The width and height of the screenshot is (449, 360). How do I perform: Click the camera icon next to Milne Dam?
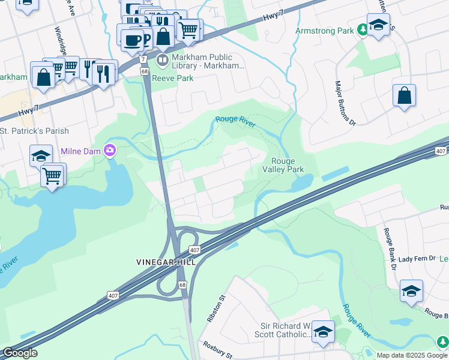tap(109, 150)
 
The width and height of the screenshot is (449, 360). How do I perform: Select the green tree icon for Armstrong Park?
tap(362, 29)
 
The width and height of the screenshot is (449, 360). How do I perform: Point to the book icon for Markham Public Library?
tap(162, 60)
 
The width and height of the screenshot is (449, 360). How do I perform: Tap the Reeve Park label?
tap(172, 78)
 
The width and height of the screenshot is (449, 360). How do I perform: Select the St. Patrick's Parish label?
tap(34, 131)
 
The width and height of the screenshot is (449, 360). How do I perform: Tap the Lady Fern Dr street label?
tap(417, 258)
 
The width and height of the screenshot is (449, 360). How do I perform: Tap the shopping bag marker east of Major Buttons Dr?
tap(405, 96)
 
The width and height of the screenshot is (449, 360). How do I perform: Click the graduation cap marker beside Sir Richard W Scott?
tap(323, 332)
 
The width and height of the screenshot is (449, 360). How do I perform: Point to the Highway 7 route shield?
tap(143, 60)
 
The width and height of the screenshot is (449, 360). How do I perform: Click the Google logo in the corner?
tap(20, 353)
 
